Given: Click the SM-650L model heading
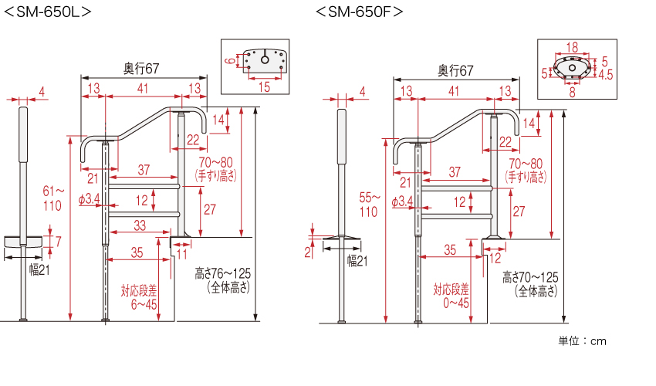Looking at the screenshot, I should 49,12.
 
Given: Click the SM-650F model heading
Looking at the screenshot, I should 360,12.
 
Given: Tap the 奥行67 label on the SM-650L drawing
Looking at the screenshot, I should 141,69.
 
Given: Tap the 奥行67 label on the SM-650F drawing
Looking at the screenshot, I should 455,71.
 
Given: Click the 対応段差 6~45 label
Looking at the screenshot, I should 139,298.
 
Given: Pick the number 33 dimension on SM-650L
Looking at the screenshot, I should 139,225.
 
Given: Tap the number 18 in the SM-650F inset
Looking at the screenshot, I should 572,48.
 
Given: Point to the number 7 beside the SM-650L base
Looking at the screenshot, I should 58,242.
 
